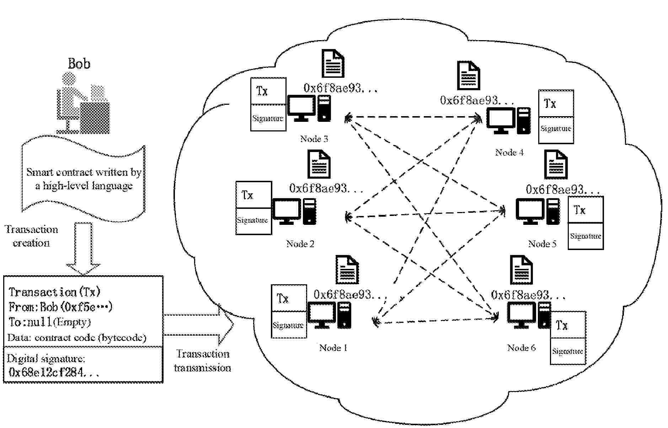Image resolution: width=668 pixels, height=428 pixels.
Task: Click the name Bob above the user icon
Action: pyautogui.click(x=79, y=64)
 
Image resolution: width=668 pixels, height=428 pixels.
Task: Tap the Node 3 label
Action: pyautogui.click(x=314, y=139)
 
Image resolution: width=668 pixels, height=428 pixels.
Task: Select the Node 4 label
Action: pyautogui.click(x=509, y=152)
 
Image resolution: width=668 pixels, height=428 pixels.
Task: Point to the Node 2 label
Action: pyautogui.click(x=300, y=244)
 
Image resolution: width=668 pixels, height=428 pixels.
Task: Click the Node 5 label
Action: pyautogui.click(x=542, y=244)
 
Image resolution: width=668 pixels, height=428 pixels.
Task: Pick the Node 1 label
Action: pyautogui.click(x=333, y=348)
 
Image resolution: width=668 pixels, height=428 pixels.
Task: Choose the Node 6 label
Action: pyautogui.click(x=521, y=348)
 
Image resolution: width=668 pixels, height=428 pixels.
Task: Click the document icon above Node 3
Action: pyautogui.click(x=333, y=63)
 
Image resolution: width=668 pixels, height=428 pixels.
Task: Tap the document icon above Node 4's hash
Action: pyautogui.click(x=468, y=75)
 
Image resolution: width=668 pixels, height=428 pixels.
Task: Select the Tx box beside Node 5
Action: pyautogui.click(x=585, y=210)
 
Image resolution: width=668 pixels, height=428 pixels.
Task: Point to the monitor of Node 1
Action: pyautogui.click(x=321, y=315)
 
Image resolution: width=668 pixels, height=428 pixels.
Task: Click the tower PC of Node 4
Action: pyautogui.click(x=523, y=121)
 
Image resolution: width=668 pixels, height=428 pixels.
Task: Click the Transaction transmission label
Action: pyautogui.click(x=203, y=361)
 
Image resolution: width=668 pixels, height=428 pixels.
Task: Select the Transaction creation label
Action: pyautogui.click(x=31, y=236)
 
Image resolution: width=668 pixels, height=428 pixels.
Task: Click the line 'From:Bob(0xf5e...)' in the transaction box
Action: pyautogui.click(x=60, y=307)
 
